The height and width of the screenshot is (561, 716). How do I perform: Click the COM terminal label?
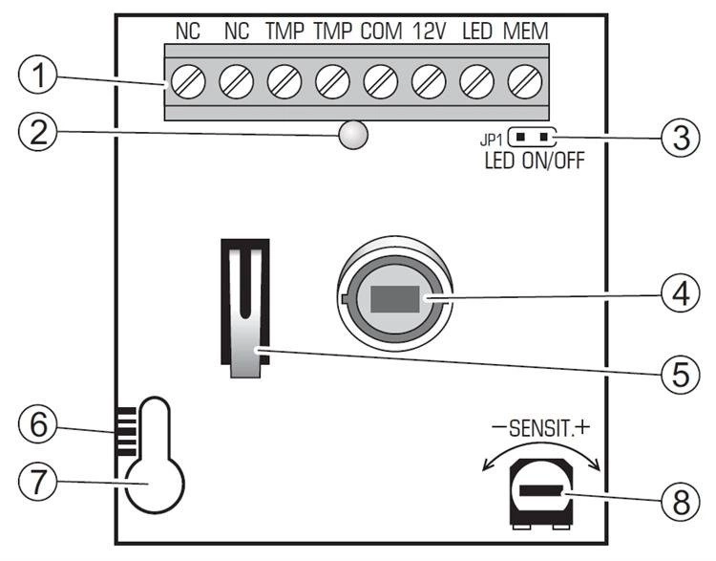point(381,32)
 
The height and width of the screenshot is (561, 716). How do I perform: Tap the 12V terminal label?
point(429,32)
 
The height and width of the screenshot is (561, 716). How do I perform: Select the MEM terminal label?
point(526,32)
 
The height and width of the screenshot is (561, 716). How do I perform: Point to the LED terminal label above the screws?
point(477,32)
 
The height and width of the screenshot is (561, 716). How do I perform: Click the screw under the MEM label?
point(525,82)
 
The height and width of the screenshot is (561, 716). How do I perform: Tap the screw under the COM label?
point(381,82)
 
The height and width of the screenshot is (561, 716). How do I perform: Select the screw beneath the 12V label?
point(429,82)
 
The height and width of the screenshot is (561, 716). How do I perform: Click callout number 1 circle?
point(38,75)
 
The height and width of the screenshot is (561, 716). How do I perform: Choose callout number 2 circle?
point(38,132)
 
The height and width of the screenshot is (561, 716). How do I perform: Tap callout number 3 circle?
point(681,138)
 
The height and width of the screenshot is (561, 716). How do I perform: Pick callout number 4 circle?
point(681,294)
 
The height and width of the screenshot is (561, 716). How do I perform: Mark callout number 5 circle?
point(681,374)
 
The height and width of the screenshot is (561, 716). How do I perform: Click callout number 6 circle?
point(38,424)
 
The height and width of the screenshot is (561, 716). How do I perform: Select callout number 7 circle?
point(38,482)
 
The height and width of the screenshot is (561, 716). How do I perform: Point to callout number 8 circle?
point(681,501)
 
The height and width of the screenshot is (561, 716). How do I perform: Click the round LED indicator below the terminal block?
point(353,135)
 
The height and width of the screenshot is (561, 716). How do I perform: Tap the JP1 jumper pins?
point(531,137)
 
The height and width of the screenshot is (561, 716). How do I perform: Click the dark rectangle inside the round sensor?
point(395,299)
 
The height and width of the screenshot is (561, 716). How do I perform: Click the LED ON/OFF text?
point(535,161)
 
